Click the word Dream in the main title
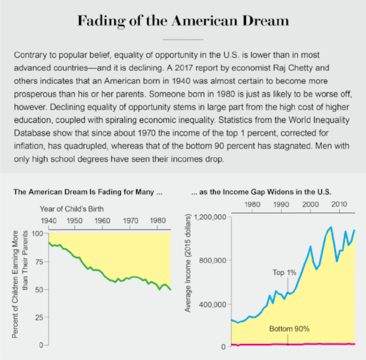[266, 20]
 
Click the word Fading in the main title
[101, 21]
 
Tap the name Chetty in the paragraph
[300, 68]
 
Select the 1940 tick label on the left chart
[48, 221]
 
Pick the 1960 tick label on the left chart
[102, 221]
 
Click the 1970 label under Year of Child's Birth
[130, 221]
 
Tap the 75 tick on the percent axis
[39, 262]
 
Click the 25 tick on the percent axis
[39, 318]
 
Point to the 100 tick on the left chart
[37, 233]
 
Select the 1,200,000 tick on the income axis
[210, 217]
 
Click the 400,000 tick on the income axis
[212, 304]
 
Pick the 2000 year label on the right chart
[310, 204]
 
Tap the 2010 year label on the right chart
[339, 204]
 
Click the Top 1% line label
[285, 272]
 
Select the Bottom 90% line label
[289, 329]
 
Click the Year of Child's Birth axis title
[72, 209]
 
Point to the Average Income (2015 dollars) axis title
[187, 263]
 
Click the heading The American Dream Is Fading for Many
[88, 192]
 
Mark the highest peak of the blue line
[331, 228]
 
